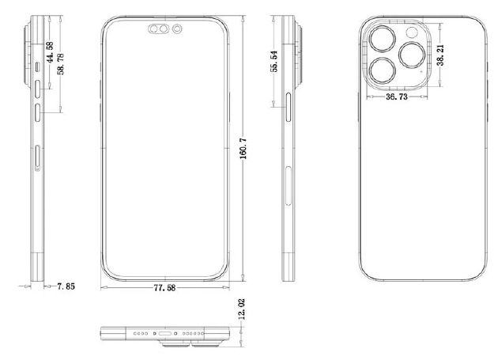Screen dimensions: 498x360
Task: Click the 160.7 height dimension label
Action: tap(243, 149)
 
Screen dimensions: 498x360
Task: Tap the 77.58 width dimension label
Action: tap(164, 288)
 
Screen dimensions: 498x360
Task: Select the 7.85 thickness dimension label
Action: tap(66, 286)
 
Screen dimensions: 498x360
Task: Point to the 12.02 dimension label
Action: tap(241, 309)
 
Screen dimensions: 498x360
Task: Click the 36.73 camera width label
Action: tap(396, 97)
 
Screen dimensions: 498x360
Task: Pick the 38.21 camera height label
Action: tap(440, 55)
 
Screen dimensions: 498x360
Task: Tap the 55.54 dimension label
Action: tap(274, 61)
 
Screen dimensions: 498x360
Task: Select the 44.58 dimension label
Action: tap(50, 52)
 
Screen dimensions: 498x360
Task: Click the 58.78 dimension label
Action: tap(60, 64)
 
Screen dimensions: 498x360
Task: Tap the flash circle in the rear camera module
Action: tap(412, 32)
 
